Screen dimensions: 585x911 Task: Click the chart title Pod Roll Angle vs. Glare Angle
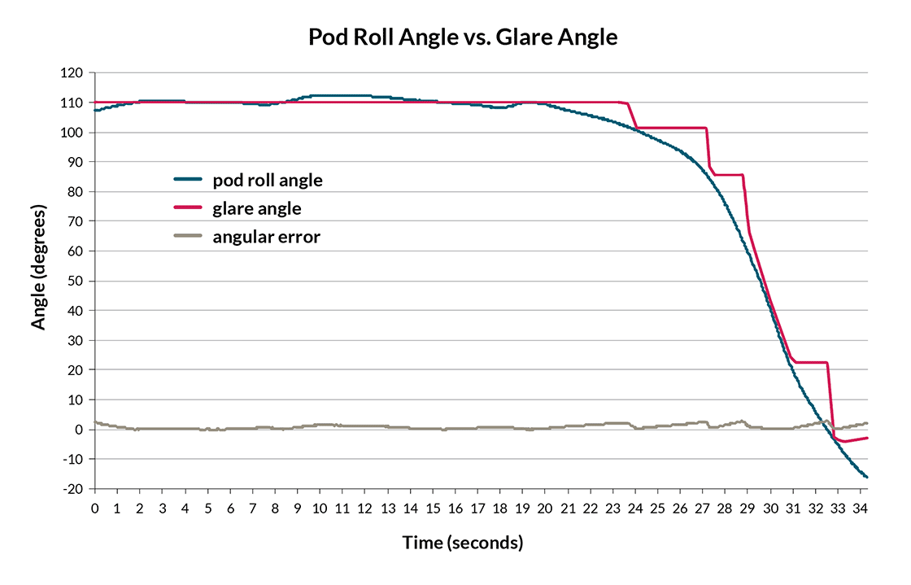(x=463, y=37)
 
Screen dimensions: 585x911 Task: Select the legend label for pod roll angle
(x=268, y=181)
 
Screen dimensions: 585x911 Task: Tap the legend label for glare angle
(x=257, y=209)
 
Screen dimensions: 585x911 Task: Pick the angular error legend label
(x=266, y=238)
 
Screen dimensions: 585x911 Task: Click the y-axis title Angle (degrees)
(x=38, y=267)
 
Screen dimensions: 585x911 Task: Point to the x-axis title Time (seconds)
(x=463, y=542)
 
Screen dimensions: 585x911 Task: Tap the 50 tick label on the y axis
(x=76, y=282)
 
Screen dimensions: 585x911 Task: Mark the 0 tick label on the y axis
(x=79, y=430)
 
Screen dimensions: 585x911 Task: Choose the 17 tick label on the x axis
(x=477, y=508)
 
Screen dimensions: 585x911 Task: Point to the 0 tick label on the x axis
(x=94, y=508)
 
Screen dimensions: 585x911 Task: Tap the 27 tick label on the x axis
(x=703, y=508)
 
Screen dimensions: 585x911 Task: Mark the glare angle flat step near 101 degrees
(x=671, y=128)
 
